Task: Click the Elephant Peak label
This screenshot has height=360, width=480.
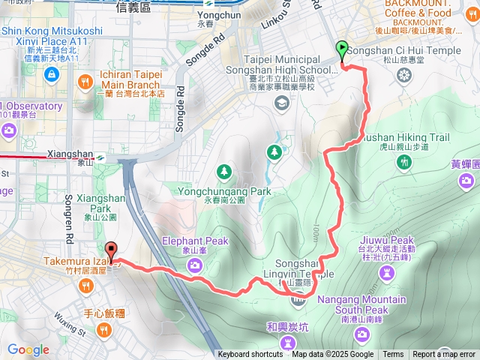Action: point(194,241)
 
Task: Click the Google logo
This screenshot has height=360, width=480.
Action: point(28,349)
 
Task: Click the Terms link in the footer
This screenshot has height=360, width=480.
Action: point(393,355)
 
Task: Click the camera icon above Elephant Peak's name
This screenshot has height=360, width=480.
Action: point(194,263)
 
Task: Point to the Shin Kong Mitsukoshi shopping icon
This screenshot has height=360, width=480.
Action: point(51,73)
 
